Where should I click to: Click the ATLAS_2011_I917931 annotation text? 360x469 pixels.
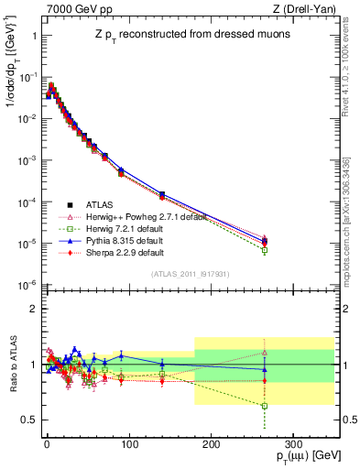click(x=191, y=274)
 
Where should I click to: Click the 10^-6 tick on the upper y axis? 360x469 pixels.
click(x=24, y=285)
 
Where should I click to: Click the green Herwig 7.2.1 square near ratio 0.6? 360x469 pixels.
click(x=264, y=406)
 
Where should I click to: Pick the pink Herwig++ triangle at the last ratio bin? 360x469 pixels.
click(x=264, y=352)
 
